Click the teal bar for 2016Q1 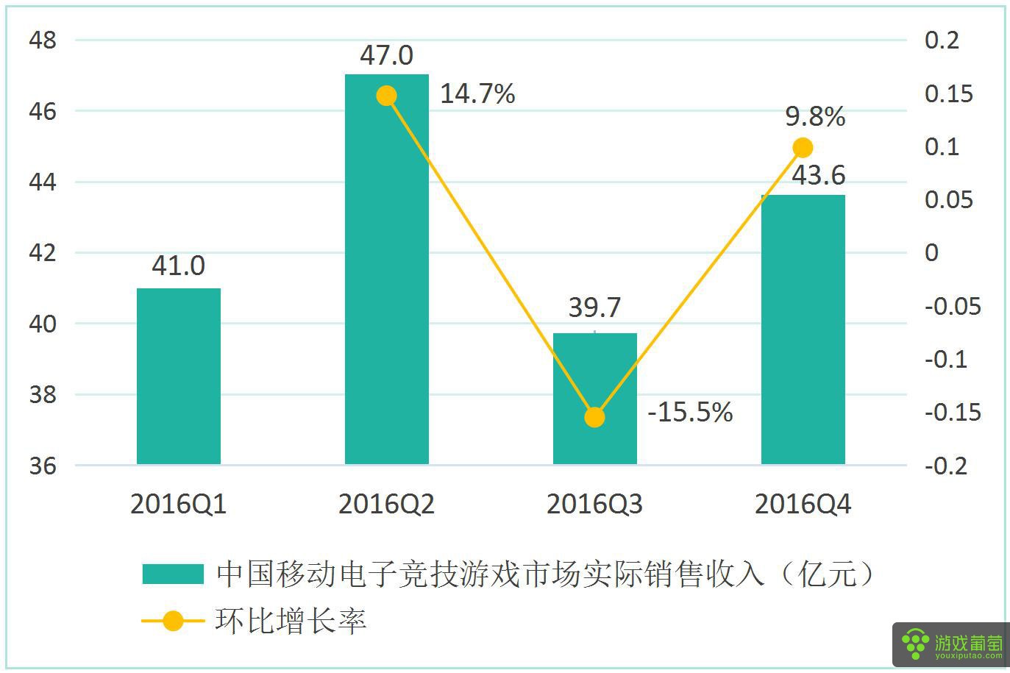(179, 376)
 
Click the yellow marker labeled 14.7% (386, 96)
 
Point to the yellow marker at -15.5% (594, 417)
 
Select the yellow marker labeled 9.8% (803, 148)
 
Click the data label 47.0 (386, 55)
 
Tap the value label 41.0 (178, 266)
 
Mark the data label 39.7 (594, 307)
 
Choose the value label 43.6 (818, 176)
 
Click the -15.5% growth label (690, 412)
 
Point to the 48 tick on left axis (43, 40)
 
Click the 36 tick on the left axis (43, 466)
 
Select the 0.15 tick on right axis (948, 94)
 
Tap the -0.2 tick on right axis (945, 466)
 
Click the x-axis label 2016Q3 (594, 505)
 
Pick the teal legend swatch (173, 574)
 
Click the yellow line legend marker (173, 622)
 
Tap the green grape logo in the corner (915, 645)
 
